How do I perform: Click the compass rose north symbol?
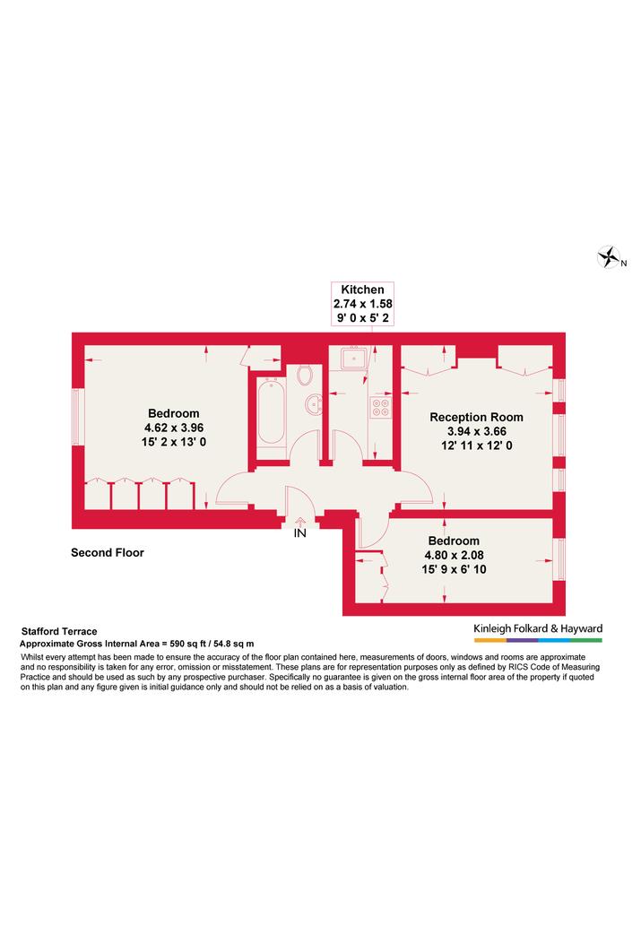tap(609, 257)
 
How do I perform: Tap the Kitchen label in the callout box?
tap(363, 290)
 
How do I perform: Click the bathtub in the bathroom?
tap(271, 411)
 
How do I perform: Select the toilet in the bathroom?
tap(305, 374)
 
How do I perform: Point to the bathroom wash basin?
tap(314, 404)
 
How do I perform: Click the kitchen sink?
tap(353, 358)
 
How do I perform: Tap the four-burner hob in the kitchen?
tap(380, 407)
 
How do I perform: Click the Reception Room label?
tap(476, 417)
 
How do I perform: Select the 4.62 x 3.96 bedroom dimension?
tap(174, 428)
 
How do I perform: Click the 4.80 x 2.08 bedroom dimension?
tap(454, 555)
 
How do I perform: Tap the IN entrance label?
tap(300, 533)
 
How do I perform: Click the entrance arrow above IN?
tap(300, 522)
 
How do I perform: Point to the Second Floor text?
tap(108, 553)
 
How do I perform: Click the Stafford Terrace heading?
tap(59, 631)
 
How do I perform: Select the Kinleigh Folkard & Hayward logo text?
tap(538, 628)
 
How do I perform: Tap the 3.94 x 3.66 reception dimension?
tap(476, 431)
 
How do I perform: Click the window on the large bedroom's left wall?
tap(75, 416)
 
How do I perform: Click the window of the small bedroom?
tap(561, 559)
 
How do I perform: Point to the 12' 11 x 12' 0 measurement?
tap(476, 446)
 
